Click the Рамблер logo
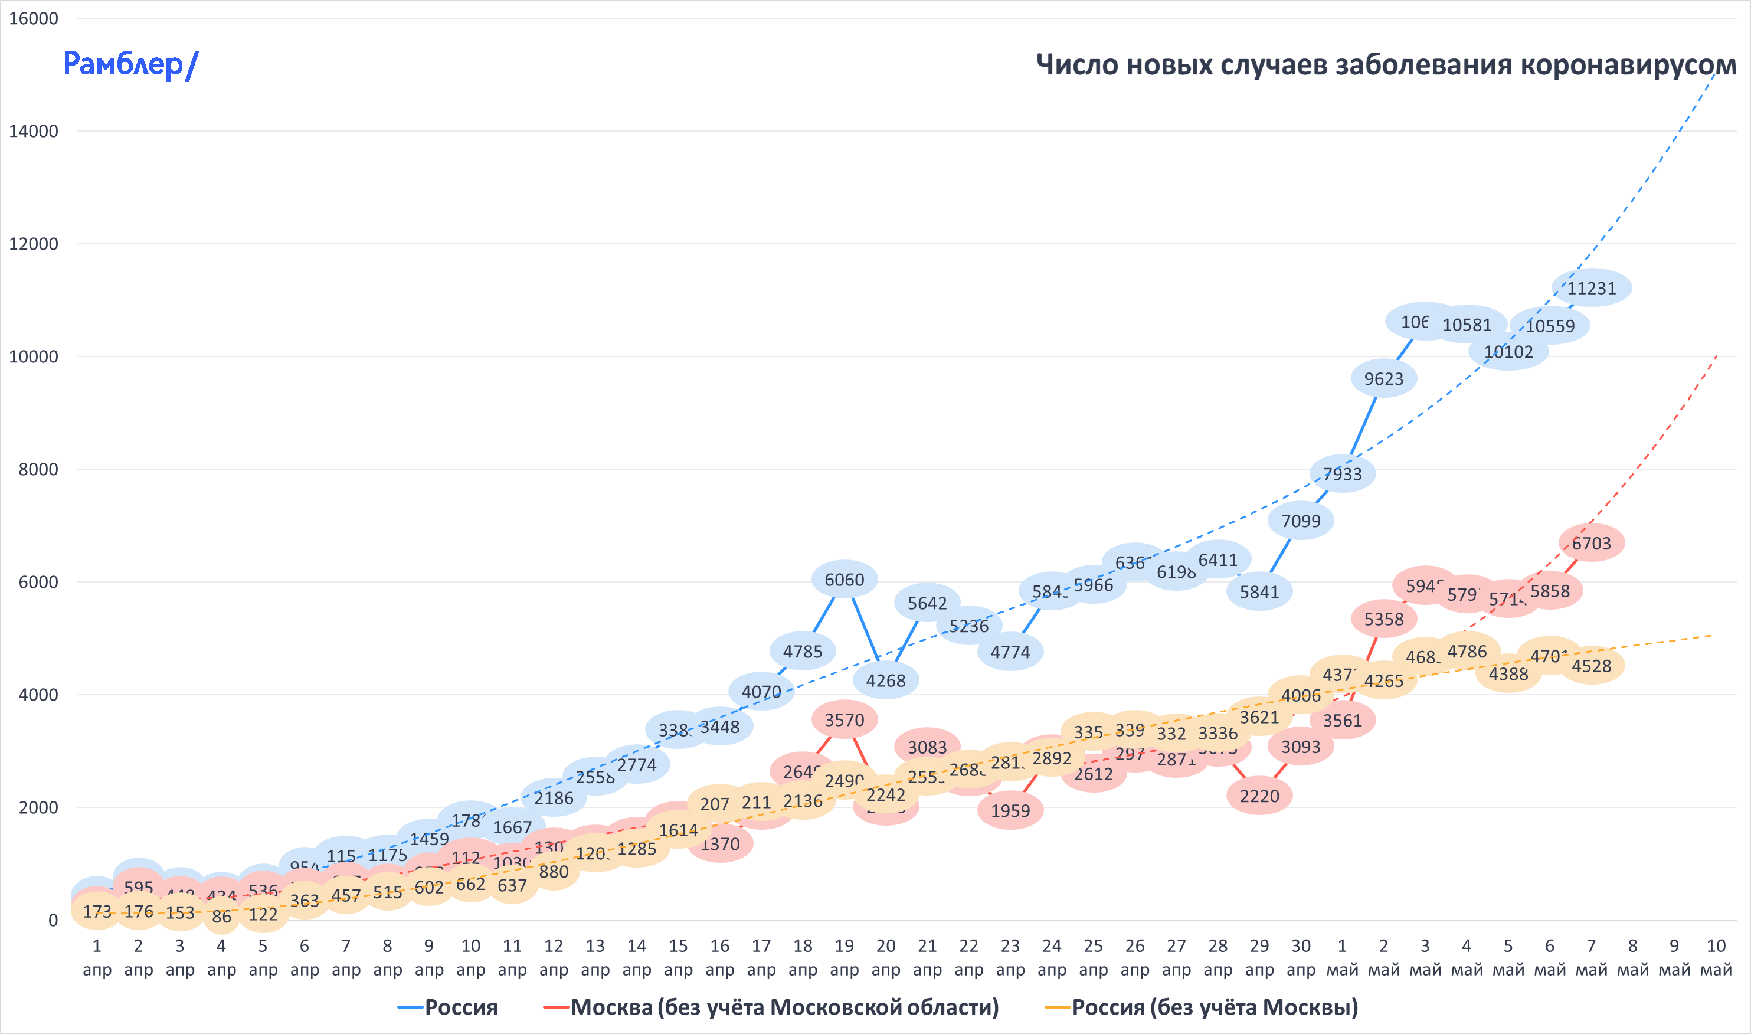(x=130, y=65)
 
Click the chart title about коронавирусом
(x=1385, y=65)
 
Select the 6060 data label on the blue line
(x=844, y=579)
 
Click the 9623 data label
(x=1383, y=378)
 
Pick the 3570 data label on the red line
(x=844, y=720)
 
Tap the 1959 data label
(x=1010, y=810)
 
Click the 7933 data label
(x=1341, y=474)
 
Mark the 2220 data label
(x=1259, y=796)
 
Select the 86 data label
(x=221, y=916)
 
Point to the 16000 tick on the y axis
(x=34, y=19)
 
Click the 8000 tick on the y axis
(x=38, y=470)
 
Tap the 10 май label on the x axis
(x=1716, y=957)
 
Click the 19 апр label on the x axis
(x=844, y=957)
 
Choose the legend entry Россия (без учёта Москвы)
(x=1214, y=1007)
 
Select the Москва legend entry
(x=783, y=1007)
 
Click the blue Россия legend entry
(x=460, y=1007)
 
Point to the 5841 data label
(x=1259, y=591)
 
